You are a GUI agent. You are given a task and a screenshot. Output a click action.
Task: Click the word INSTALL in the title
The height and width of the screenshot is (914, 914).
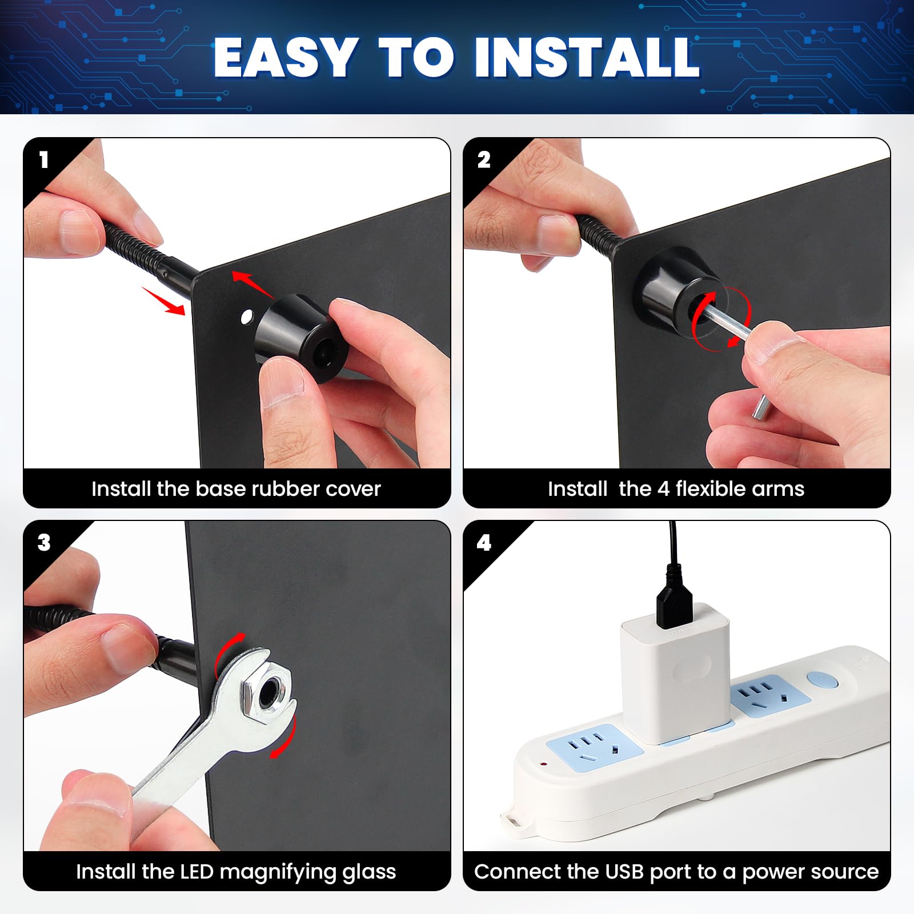(x=587, y=57)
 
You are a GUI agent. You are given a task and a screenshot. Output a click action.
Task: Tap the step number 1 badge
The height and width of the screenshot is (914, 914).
(x=44, y=160)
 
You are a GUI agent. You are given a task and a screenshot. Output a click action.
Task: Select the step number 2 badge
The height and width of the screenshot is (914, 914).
(x=484, y=160)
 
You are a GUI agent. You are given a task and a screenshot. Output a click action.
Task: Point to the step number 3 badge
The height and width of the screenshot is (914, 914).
(x=44, y=543)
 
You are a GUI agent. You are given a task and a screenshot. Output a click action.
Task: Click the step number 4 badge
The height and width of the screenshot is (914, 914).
(x=484, y=543)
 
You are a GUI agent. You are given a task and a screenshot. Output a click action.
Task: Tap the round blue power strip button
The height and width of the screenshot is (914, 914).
(x=822, y=680)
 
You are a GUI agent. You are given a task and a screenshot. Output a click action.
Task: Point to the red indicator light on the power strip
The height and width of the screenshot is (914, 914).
(x=543, y=763)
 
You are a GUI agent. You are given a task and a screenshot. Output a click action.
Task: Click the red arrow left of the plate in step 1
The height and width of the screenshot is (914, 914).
(x=165, y=301)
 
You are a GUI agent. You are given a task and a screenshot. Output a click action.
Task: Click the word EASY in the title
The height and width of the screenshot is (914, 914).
(x=286, y=57)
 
